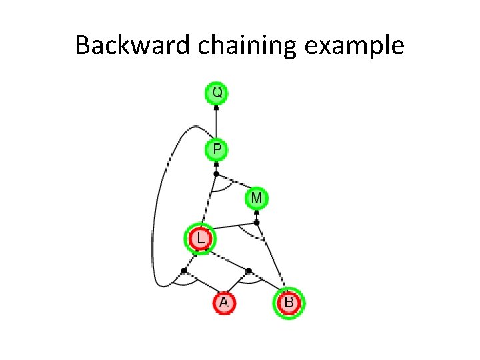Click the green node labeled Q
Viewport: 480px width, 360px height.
(216, 92)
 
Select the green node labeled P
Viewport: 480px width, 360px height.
(216, 150)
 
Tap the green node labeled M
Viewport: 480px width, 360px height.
(257, 198)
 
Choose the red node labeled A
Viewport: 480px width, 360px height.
(224, 303)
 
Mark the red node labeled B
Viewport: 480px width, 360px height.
(288, 303)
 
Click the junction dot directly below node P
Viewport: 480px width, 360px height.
(216, 174)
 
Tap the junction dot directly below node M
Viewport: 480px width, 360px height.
(257, 222)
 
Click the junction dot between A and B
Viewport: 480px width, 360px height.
(248, 271)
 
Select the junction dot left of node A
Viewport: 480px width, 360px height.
(184, 271)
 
